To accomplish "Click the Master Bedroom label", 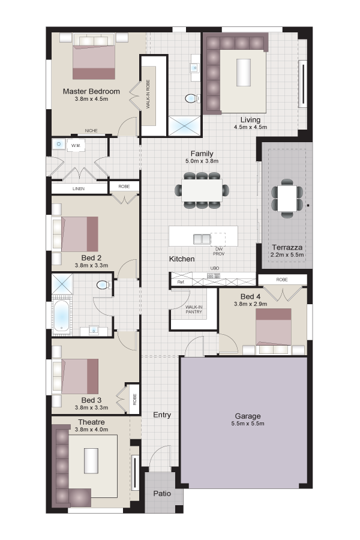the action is click(91, 91).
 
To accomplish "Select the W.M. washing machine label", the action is click(76, 146).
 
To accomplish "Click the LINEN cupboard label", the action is click(79, 189).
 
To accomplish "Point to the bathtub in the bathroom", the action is click(62, 316).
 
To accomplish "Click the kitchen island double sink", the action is click(202, 239).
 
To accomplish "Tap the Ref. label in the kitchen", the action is click(181, 282).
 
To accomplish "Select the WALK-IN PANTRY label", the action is click(194, 309).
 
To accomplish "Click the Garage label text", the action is click(248, 416).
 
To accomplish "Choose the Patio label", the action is click(162, 494).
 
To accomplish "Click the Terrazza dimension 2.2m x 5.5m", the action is click(287, 255).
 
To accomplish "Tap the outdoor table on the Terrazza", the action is click(287, 199).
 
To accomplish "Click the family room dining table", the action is click(202, 190).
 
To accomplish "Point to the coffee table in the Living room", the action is click(243, 73).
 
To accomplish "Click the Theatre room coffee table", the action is click(91, 460).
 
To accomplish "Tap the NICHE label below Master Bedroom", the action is click(91, 131).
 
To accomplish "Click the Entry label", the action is click(162, 415).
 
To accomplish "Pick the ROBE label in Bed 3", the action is click(134, 399).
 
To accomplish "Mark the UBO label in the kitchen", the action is click(215, 268).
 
